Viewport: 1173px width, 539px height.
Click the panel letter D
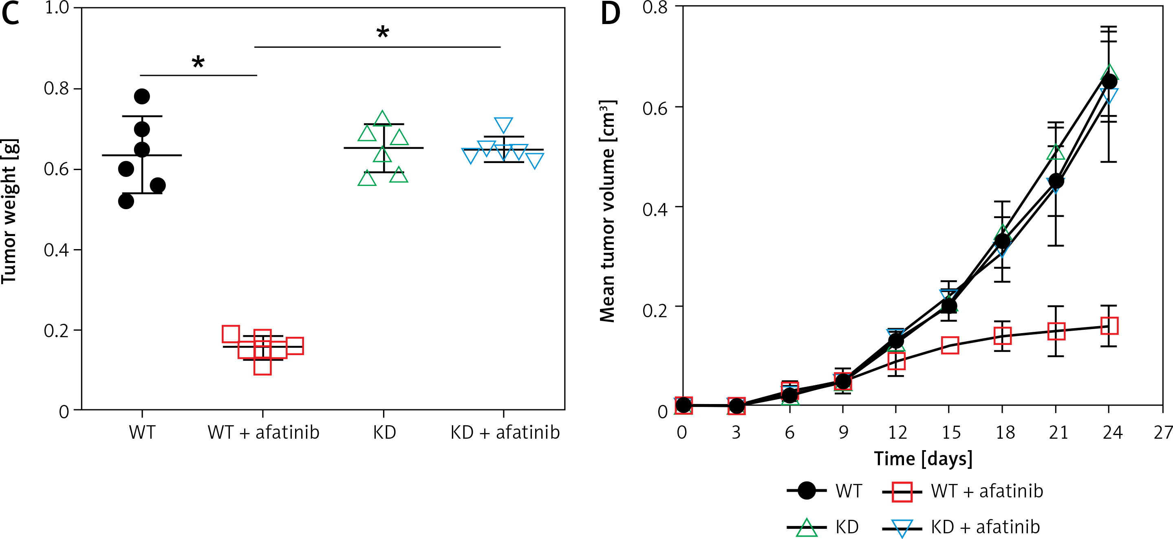click(610, 14)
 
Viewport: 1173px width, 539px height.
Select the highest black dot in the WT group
click(142, 96)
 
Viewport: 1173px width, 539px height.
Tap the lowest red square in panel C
click(263, 366)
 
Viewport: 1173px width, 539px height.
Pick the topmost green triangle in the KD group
click(382, 119)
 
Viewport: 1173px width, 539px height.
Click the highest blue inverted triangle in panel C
click(504, 124)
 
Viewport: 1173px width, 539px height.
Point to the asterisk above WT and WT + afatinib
click(198, 62)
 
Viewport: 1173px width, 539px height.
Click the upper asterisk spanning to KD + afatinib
click(382, 32)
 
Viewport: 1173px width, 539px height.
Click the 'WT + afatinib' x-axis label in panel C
click(263, 432)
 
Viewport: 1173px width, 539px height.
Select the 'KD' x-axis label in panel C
click(384, 432)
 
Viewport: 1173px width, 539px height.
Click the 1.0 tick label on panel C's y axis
click(57, 8)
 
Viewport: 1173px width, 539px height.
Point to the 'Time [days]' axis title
click(923, 458)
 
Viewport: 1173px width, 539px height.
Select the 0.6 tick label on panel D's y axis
click(655, 108)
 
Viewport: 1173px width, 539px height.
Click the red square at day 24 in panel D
click(1109, 326)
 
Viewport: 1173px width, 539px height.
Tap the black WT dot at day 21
click(1056, 181)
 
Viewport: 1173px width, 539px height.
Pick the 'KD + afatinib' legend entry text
click(986, 527)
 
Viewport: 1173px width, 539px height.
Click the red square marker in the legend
click(902, 491)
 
